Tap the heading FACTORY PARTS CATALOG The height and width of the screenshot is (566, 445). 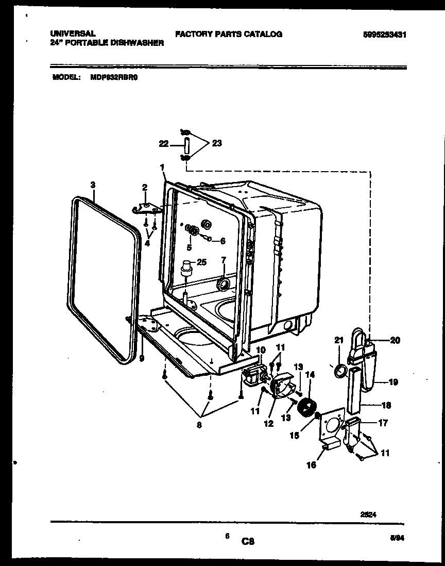pos(228,34)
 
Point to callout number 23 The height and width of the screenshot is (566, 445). pos(216,143)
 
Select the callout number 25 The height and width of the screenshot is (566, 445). pos(201,262)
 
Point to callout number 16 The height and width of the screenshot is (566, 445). pos(311,464)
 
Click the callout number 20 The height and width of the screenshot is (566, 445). pos(395,340)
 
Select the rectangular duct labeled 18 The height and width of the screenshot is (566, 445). pos(355,389)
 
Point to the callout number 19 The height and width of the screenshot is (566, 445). pos(393,382)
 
